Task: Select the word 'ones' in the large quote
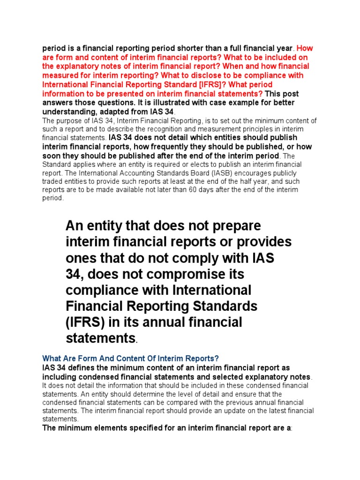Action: point(80,258)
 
